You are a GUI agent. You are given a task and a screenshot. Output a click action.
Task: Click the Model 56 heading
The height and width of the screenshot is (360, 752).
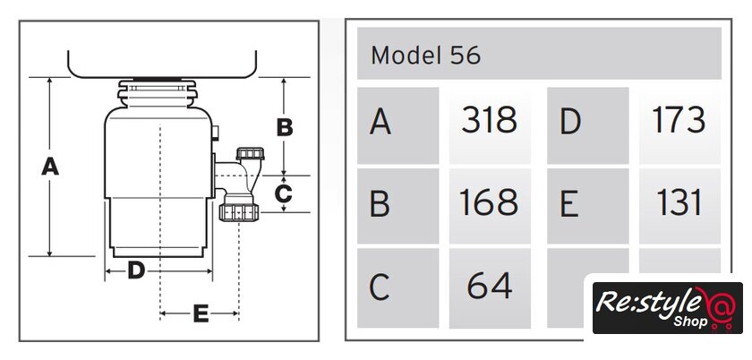425,56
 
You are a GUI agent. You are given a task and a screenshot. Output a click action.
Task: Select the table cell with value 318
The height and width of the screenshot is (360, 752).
489,120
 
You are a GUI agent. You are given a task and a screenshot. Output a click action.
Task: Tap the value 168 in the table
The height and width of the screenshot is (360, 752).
489,203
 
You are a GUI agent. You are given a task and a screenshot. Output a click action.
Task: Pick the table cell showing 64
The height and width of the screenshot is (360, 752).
489,286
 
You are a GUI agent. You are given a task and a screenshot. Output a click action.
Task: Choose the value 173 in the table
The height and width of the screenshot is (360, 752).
679,120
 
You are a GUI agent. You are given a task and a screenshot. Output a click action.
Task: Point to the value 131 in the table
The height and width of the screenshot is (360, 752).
679,203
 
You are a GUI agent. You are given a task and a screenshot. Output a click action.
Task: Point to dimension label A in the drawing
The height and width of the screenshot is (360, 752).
50,166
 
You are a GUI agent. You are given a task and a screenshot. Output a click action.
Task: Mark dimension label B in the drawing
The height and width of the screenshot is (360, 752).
285,127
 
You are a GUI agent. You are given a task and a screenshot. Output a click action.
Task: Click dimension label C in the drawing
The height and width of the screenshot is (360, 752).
283,193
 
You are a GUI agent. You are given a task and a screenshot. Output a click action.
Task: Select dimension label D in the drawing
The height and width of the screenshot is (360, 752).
135,269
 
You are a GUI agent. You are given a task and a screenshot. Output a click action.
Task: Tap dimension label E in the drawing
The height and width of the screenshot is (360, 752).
200,313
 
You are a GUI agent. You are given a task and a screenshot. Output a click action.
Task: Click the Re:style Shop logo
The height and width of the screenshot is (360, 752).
666,307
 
